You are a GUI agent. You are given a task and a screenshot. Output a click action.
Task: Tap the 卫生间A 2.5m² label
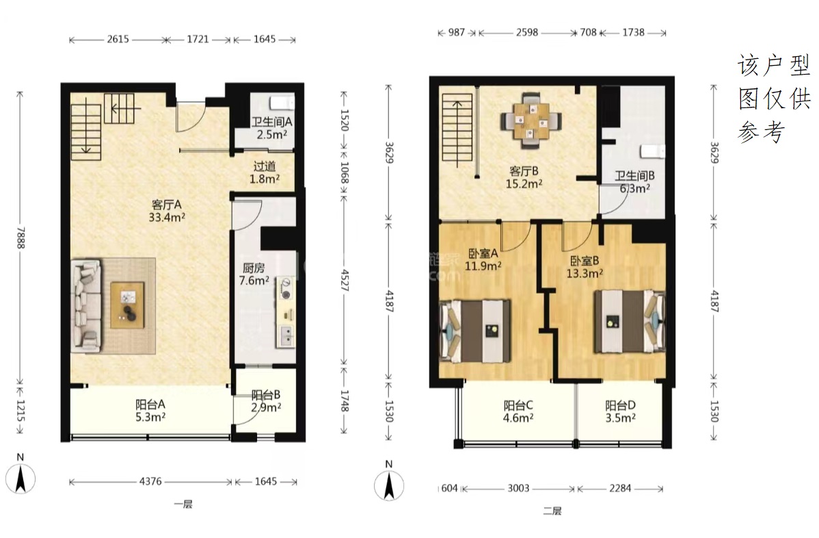pyautogui.click(x=271, y=128)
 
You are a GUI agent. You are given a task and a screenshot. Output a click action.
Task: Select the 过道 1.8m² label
pyautogui.click(x=265, y=172)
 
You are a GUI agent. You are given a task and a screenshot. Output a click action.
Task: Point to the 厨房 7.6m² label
pyautogui.click(x=254, y=274)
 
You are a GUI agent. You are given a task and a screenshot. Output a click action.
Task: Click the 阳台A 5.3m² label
pyautogui.click(x=150, y=411)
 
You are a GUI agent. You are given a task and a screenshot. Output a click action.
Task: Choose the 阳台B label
pyautogui.click(x=266, y=395)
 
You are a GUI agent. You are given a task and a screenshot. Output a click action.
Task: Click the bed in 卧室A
pyautogui.click(x=475, y=331)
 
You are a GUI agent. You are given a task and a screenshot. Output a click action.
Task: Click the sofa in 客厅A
pyautogui.click(x=87, y=305)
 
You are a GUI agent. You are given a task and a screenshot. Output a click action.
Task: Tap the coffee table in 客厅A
pyautogui.click(x=127, y=305)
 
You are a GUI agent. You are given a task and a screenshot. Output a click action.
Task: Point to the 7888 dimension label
pyautogui.click(x=21, y=238)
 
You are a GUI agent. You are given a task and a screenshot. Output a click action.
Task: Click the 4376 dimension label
pyautogui.click(x=150, y=482)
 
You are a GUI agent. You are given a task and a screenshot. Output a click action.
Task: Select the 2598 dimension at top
pyautogui.click(x=527, y=32)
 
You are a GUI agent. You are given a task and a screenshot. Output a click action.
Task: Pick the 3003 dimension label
pyautogui.click(x=519, y=488)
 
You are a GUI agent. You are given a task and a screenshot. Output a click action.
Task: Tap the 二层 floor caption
pyautogui.click(x=552, y=511)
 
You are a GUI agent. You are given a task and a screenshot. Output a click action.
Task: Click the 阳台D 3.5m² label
pyautogui.click(x=621, y=411)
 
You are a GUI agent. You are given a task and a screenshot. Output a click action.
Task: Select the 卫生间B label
pyautogui.click(x=634, y=176)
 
